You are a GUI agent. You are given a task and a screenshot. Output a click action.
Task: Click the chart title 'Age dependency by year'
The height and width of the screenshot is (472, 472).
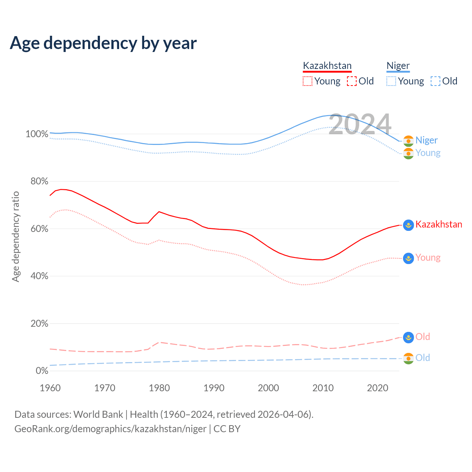(103, 43)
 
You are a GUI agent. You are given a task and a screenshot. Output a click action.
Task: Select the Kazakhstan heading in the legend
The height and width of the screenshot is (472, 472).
(327, 66)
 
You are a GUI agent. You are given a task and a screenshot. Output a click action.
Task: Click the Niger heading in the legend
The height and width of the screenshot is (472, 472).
(398, 66)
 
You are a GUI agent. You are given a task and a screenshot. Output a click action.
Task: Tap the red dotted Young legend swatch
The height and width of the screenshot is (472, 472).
(307, 81)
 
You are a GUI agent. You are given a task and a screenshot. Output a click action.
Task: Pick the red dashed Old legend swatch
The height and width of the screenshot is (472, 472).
(352, 81)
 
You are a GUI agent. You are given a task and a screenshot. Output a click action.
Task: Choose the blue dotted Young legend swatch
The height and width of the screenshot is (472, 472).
(391, 81)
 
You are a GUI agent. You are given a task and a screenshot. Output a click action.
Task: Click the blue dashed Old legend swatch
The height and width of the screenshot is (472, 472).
(435, 81)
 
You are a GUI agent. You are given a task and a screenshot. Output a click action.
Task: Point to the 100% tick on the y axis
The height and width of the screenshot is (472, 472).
(37, 134)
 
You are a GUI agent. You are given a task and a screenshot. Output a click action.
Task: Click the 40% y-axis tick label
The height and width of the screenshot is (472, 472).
(39, 276)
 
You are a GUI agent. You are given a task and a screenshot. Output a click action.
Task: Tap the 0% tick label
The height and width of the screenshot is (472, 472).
(42, 371)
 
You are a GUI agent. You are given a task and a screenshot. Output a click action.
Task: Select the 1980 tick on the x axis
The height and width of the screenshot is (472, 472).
(159, 388)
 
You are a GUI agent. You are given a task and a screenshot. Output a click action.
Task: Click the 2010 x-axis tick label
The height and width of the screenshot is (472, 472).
(323, 388)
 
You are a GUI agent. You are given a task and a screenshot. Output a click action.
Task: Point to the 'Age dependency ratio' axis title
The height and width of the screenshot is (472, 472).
(15, 236)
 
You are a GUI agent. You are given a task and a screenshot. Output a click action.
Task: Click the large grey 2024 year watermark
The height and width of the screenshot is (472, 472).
(360, 125)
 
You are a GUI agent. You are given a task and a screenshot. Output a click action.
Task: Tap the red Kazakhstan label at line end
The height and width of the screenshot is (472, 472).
(438, 224)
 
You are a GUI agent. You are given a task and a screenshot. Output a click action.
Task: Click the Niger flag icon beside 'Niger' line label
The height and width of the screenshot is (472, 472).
(408, 140)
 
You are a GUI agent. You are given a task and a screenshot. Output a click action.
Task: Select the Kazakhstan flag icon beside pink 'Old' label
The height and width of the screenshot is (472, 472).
(408, 337)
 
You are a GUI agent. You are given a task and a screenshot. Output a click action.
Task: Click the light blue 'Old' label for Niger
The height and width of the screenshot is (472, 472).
(423, 358)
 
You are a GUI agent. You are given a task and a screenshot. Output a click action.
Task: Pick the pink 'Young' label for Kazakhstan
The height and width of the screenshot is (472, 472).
(428, 257)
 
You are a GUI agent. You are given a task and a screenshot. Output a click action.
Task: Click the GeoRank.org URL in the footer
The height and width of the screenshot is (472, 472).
(110, 429)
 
